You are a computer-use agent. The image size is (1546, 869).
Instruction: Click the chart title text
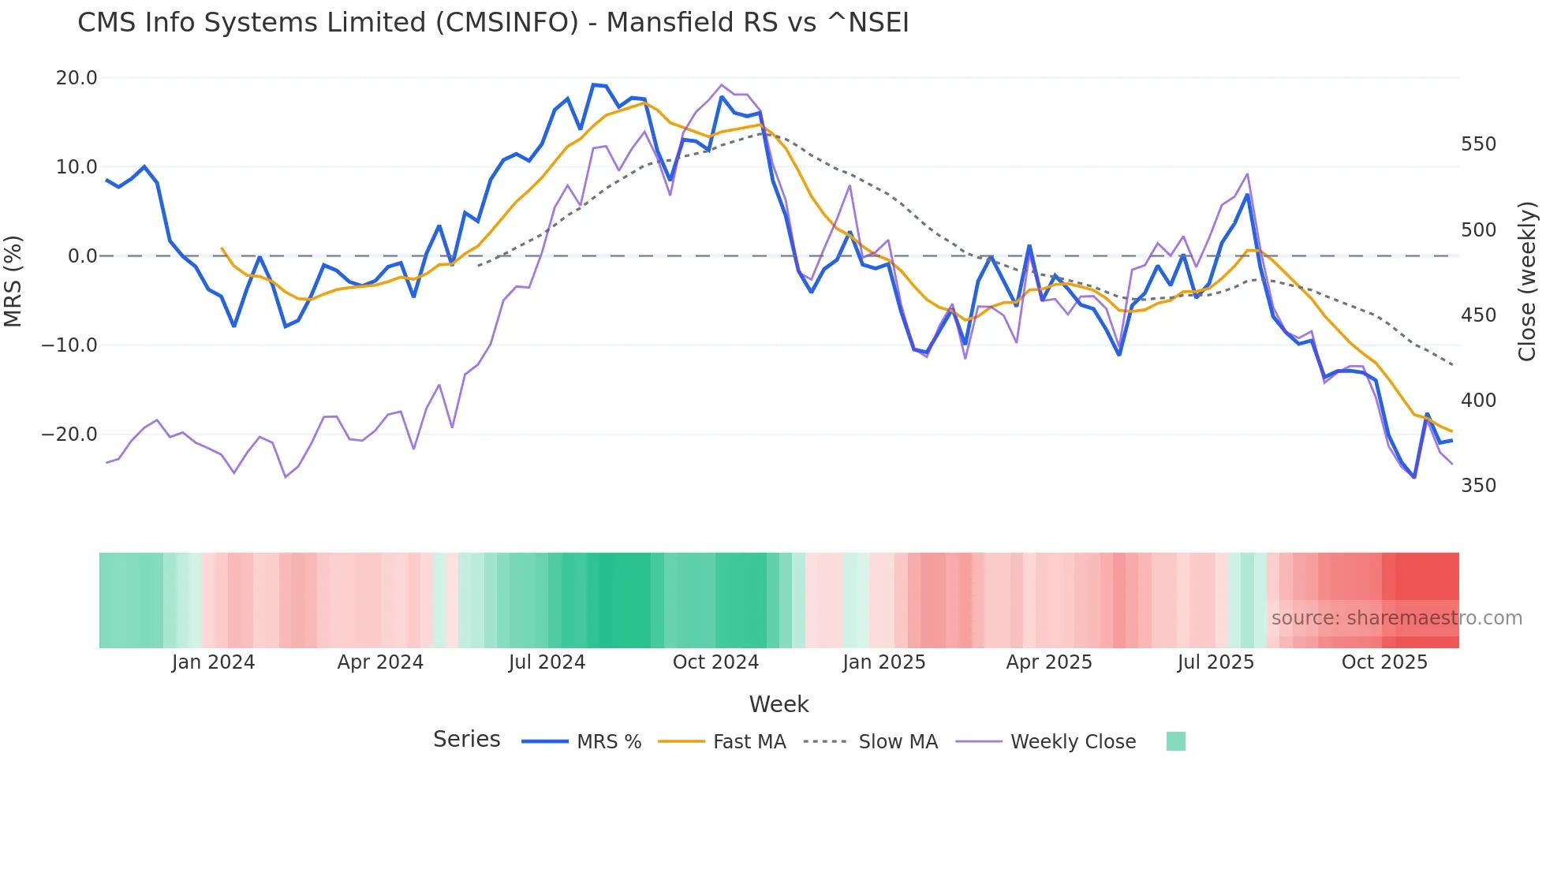pyautogui.click(x=493, y=23)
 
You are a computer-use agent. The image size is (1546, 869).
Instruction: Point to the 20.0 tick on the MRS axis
pyautogui.click(x=77, y=78)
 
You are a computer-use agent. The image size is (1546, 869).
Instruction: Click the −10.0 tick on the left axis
pyautogui.click(x=70, y=345)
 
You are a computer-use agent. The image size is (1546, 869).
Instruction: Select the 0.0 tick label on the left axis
pyautogui.click(x=82, y=256)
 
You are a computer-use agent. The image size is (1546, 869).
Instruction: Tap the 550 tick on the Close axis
pyautogui.click(x=1478, y=144)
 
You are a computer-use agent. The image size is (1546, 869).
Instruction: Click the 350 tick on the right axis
pyautogui.click(x=1478, y=486)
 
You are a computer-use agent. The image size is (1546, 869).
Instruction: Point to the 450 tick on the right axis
pyautogui.click(x=1478, y=315)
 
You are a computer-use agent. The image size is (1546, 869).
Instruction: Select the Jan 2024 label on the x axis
pyautogui.click(x=213, y=662)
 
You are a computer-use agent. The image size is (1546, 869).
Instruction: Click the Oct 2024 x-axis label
pyautogui.click(x=715, y=662)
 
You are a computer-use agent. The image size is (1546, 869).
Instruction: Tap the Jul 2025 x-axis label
pyautogui.click(x=1216, y=662)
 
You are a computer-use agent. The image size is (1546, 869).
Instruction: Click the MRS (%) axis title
pyautogui.click(x=13, y=281)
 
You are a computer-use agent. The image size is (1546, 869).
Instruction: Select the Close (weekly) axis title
pyautogui.click(x=1527, y=282)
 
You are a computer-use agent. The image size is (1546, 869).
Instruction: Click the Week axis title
pyautogui.click(x=779, y=704)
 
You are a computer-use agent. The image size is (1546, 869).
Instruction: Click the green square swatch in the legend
pyautogui.click(x=1175, y=741)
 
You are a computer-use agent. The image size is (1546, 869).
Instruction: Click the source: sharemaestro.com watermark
pyautogui.click(x=1396, y=618)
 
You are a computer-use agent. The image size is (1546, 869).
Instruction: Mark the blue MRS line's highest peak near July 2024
pyautogui.click(x=594, y=84)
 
